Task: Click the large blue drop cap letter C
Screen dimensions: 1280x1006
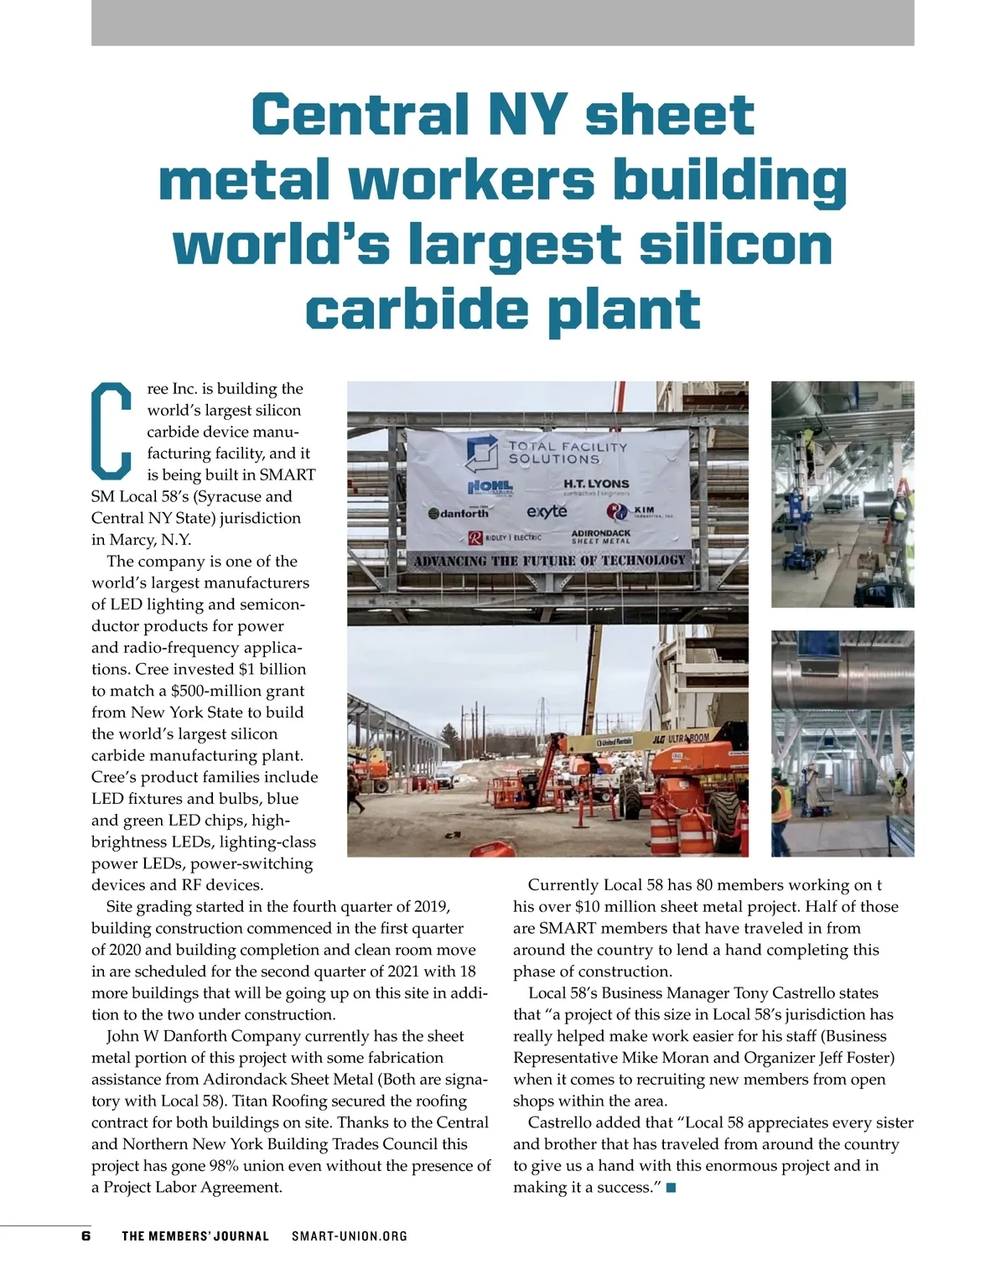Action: (111, 428)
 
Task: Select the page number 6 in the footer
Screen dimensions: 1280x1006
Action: (86, 1236)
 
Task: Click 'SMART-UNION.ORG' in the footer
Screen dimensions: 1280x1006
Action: (350, 1236)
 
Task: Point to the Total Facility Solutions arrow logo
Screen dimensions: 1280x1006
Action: (483, 453)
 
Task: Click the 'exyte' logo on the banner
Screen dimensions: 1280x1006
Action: (547, 511)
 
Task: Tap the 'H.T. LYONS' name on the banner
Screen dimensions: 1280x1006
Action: (596, 484)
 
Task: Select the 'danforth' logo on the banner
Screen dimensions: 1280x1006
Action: (459, 513)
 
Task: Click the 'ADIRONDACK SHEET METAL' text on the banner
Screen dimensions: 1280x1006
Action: (600, 536)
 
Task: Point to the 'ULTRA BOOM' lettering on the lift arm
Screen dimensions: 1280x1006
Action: (688, 738)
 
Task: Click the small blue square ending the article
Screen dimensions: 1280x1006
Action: (671, 1187)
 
